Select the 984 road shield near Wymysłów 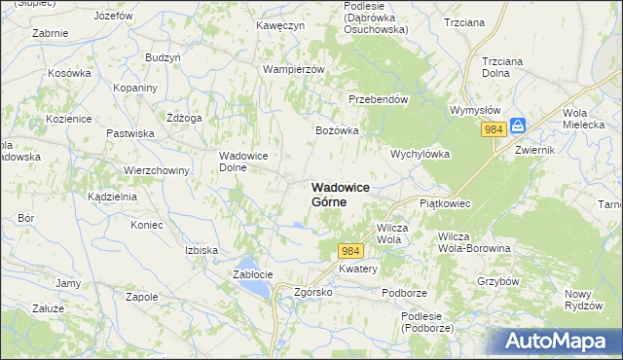tap(494, 129)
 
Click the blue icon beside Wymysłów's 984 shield tap(518, 127)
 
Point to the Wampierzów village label tap(293, 69)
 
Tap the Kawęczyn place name tap(281, 24)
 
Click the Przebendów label tap(378, 98)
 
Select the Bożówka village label tap(337, 130)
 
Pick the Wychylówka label tap(419, 154)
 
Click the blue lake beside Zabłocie tap(247, 265)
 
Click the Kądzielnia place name tap(112, 196)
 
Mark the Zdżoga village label tap(184, 118)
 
